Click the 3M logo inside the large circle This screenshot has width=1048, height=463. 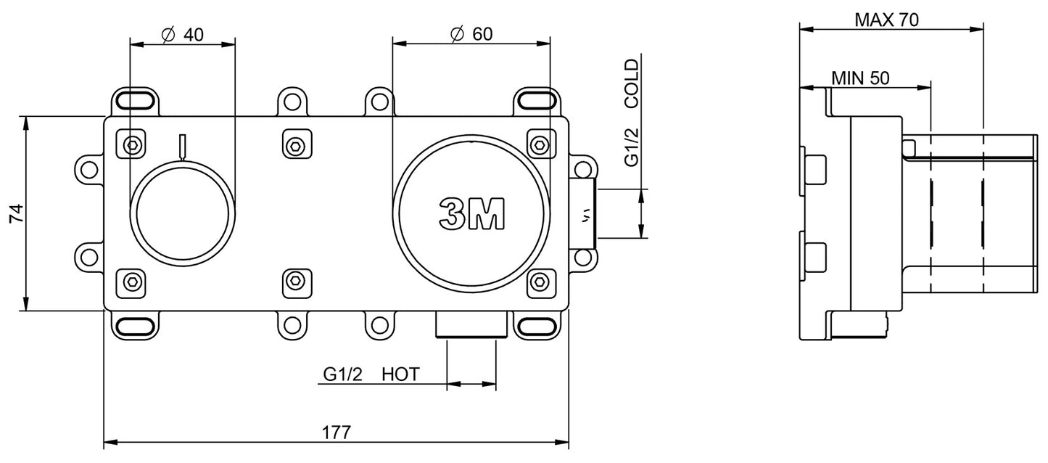point(471,213)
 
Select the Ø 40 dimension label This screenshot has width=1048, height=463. point(182,33)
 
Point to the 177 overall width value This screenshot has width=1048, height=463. point(336,432)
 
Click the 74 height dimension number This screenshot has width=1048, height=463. point(17,213)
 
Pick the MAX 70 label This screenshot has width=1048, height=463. point(886,20)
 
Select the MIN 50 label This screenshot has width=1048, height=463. point(860,78)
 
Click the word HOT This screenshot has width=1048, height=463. point(400,374)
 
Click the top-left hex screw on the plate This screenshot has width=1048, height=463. point(132,145)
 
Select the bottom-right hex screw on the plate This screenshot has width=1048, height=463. point(540,281)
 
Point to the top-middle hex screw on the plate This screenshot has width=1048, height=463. point(293,145)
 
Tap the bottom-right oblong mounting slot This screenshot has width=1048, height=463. point(539,326)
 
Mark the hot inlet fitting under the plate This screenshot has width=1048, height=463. point(471,325)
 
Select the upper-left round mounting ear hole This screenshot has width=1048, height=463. point(88,169)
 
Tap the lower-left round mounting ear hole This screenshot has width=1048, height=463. point(88,257)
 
